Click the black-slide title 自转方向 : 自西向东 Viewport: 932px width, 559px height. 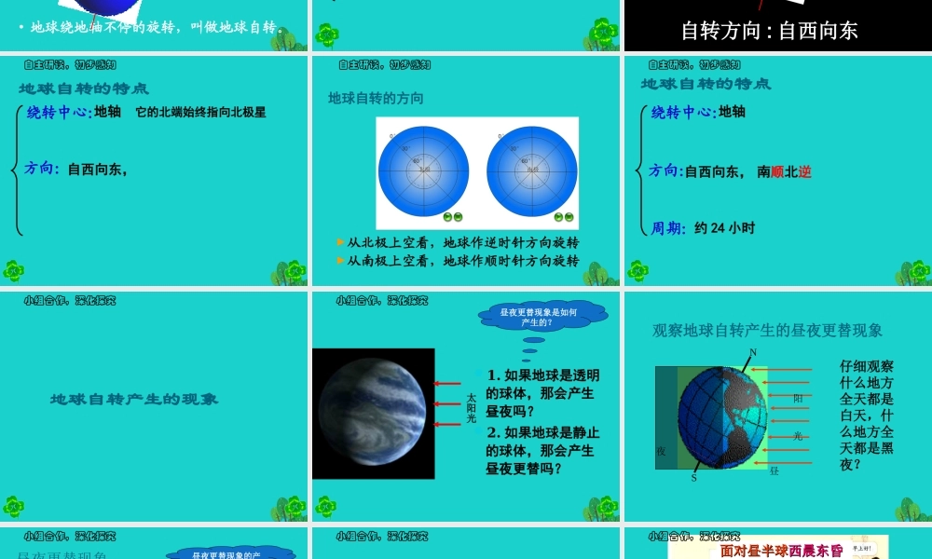click(770, 31)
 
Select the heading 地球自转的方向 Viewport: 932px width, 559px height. click(376, 98)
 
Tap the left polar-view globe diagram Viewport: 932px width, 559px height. click(423, 169)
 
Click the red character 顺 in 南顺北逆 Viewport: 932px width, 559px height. click(778, 171)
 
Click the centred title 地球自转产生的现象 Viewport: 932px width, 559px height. click(134, 399)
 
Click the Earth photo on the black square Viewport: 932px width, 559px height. click(373, 413)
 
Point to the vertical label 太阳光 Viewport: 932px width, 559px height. click(471, 408)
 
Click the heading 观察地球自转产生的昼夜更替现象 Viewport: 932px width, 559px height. click(767, 331)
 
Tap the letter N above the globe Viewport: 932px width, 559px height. click(753, 352)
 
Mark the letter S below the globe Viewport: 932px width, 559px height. click(693, 478)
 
